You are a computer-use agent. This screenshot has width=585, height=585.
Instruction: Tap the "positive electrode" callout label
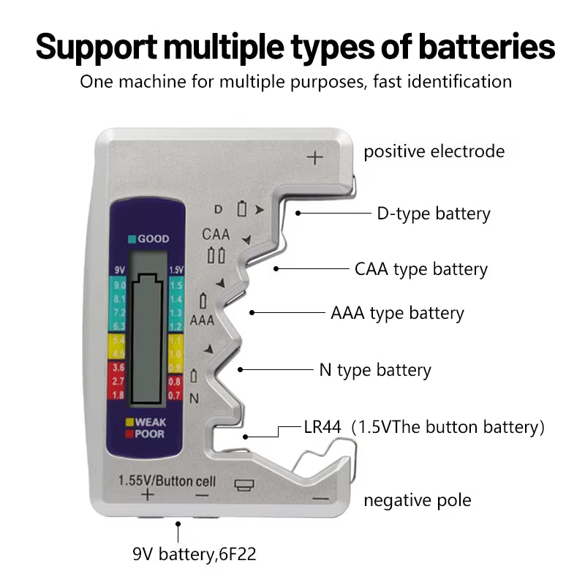pos(434,151)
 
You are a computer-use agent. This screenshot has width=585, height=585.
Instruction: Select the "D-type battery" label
pos(433,214)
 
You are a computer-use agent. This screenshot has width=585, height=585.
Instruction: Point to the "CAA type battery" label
pos(420,269)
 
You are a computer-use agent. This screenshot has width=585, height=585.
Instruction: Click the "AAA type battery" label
pos(397,313)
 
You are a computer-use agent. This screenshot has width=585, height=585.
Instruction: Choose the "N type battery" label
pos(375,370)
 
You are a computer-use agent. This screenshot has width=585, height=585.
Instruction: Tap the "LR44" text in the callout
pos(322,427)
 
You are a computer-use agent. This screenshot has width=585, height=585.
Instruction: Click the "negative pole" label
pos(417,500)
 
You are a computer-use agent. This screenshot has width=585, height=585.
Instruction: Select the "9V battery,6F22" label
pos(195,554)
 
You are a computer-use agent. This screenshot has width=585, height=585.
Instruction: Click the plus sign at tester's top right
pos(314,157)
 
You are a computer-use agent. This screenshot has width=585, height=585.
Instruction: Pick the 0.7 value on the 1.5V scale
pos(175,395)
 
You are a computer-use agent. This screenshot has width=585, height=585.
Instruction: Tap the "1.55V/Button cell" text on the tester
pos(167,480)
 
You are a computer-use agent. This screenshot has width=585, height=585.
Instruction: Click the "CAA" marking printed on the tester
pos(216,235)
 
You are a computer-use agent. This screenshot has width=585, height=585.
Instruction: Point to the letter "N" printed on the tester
pos(194,398)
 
